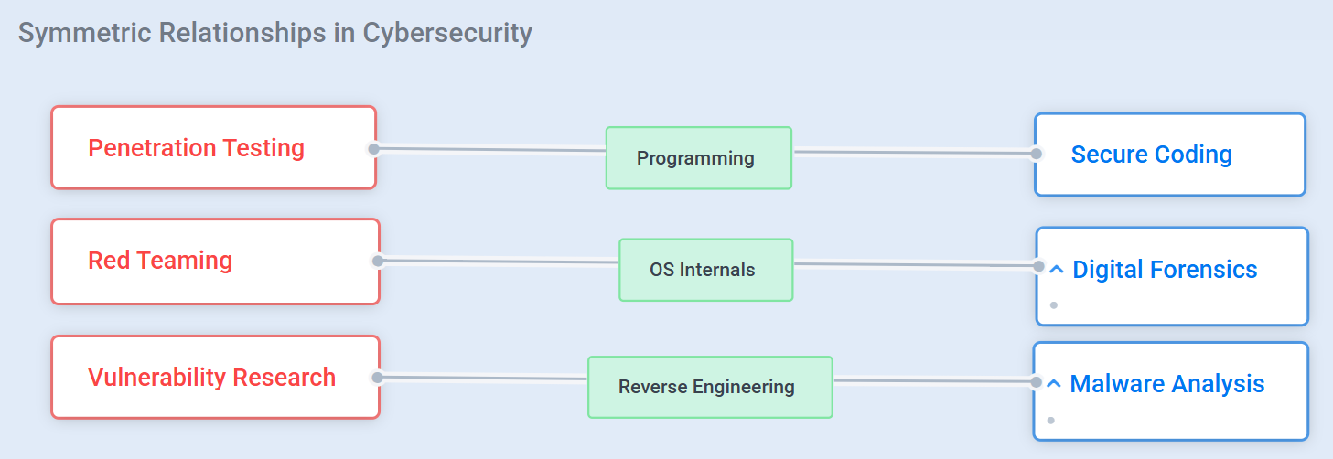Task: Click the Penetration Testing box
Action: (214, 147)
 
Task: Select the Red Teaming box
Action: (215, 262)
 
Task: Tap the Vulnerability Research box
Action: (215, 378)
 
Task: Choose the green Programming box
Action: (699, 158)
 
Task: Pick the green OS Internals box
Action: (705, 270)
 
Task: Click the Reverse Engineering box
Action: (710, 387)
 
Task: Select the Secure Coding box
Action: (1170, 155)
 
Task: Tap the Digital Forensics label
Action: (1165, 270)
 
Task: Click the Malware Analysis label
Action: (1167, 384)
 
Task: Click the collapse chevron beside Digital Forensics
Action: (1057, 270)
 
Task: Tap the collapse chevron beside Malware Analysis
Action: (1053, 383)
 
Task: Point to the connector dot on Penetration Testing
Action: (373, 149)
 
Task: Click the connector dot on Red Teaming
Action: (377, 261)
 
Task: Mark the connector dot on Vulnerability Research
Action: (377, 378)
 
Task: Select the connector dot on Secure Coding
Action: (1036, 154)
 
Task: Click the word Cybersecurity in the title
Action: (447, 33)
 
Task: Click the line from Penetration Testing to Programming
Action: (489, 149)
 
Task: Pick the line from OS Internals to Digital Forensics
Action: (917, 264)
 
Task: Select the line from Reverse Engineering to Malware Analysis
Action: (935, 381)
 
